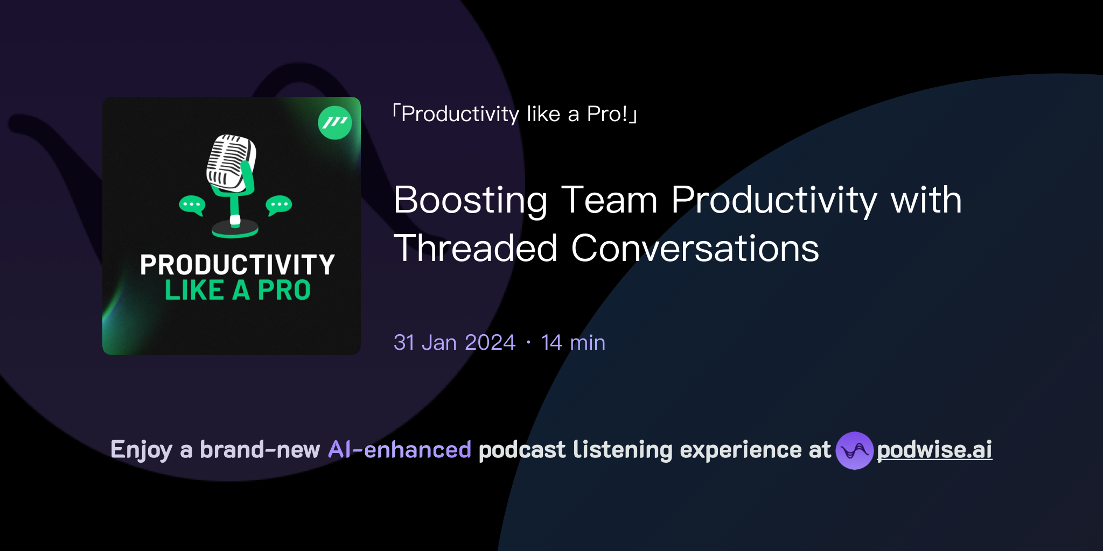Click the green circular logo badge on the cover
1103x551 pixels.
[335, 123]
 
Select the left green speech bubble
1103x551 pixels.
[192, 205]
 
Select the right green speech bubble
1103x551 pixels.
[278, 205]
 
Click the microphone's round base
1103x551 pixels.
[235, 230]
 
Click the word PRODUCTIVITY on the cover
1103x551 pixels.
[237, 265]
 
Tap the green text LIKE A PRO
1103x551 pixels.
[238, 291]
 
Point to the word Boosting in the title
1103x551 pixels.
[470, 200]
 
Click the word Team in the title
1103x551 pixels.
[609, 200]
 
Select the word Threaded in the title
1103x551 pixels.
[475, 249]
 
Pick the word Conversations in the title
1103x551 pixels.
[695, 249]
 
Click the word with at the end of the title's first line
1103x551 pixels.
[926, 200]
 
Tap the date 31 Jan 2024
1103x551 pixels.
[454, 343]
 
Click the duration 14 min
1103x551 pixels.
[573, 343]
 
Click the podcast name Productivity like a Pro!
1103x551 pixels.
[514, 114]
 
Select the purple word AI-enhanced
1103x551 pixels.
[400, 450]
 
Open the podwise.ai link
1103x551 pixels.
[934, 450]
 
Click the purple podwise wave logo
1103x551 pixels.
[854, 450]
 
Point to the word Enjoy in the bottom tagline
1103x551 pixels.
[141, 450]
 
